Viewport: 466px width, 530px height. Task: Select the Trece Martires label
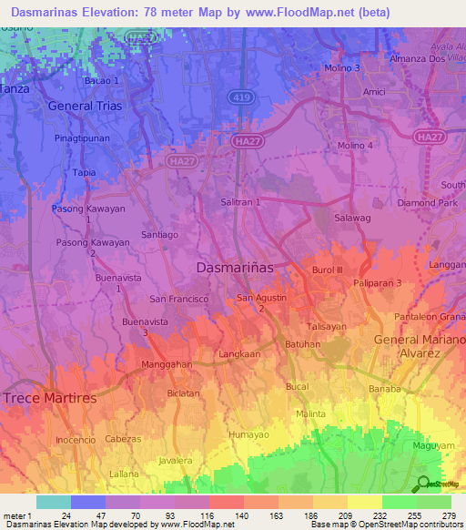click(x=50, y=398)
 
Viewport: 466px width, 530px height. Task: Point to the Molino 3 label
click(x=343, y=68)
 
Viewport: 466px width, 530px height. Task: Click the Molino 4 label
click(x=355, y=146)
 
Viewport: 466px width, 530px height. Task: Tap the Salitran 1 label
click(x=241, y=201)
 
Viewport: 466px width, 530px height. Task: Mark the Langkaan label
click(x=239, y=352)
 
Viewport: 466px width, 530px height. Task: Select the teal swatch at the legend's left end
click(x=53, y=502)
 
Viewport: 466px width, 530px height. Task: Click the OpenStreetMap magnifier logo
click(x=422, y=484)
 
